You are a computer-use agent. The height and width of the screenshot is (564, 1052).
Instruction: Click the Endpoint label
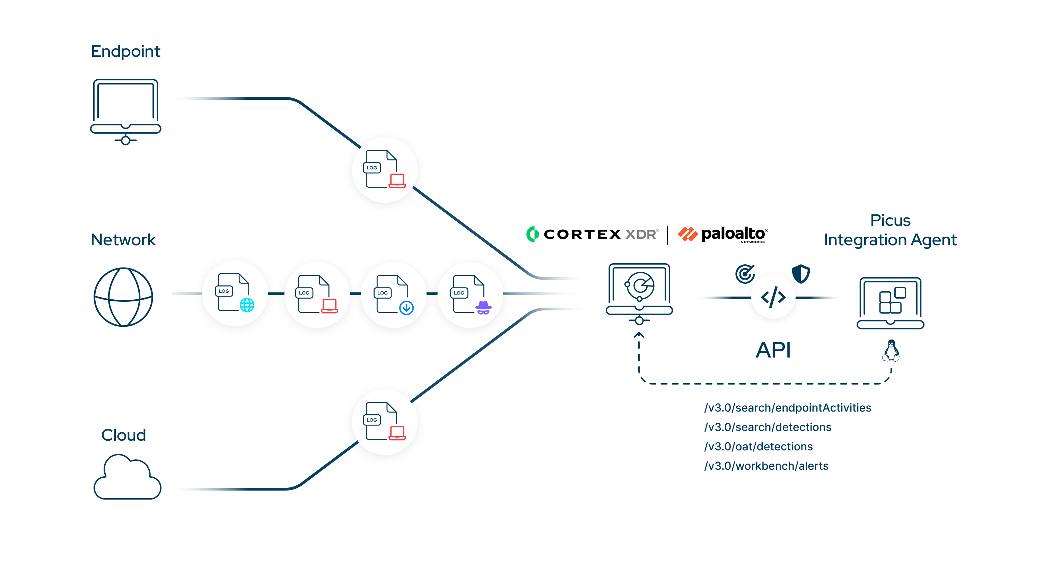tap(125, 52)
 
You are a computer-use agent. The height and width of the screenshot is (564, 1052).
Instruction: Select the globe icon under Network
tap(123, 297)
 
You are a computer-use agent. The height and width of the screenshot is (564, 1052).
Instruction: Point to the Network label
tap(123, 240)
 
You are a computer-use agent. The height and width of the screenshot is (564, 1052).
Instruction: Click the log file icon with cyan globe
tap(235, 293)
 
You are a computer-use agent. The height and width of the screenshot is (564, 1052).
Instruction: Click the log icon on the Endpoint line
tap(384, 169)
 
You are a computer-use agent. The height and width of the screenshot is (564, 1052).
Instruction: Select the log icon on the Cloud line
tap(384, 422)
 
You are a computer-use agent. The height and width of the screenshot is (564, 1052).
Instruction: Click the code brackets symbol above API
tap(773, 297)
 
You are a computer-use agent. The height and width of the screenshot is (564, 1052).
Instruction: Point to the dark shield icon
tap(800, 273)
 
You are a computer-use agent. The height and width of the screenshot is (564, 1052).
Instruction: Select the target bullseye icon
tap(745, 274)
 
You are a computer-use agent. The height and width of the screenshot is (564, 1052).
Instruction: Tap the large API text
tap(773, 350)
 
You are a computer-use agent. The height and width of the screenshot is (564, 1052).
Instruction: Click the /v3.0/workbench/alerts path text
tap(766, 466)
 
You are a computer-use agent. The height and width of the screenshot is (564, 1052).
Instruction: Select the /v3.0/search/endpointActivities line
tap(787, 407)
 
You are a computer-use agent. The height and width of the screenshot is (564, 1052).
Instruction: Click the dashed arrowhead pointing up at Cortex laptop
tap(639, 335)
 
